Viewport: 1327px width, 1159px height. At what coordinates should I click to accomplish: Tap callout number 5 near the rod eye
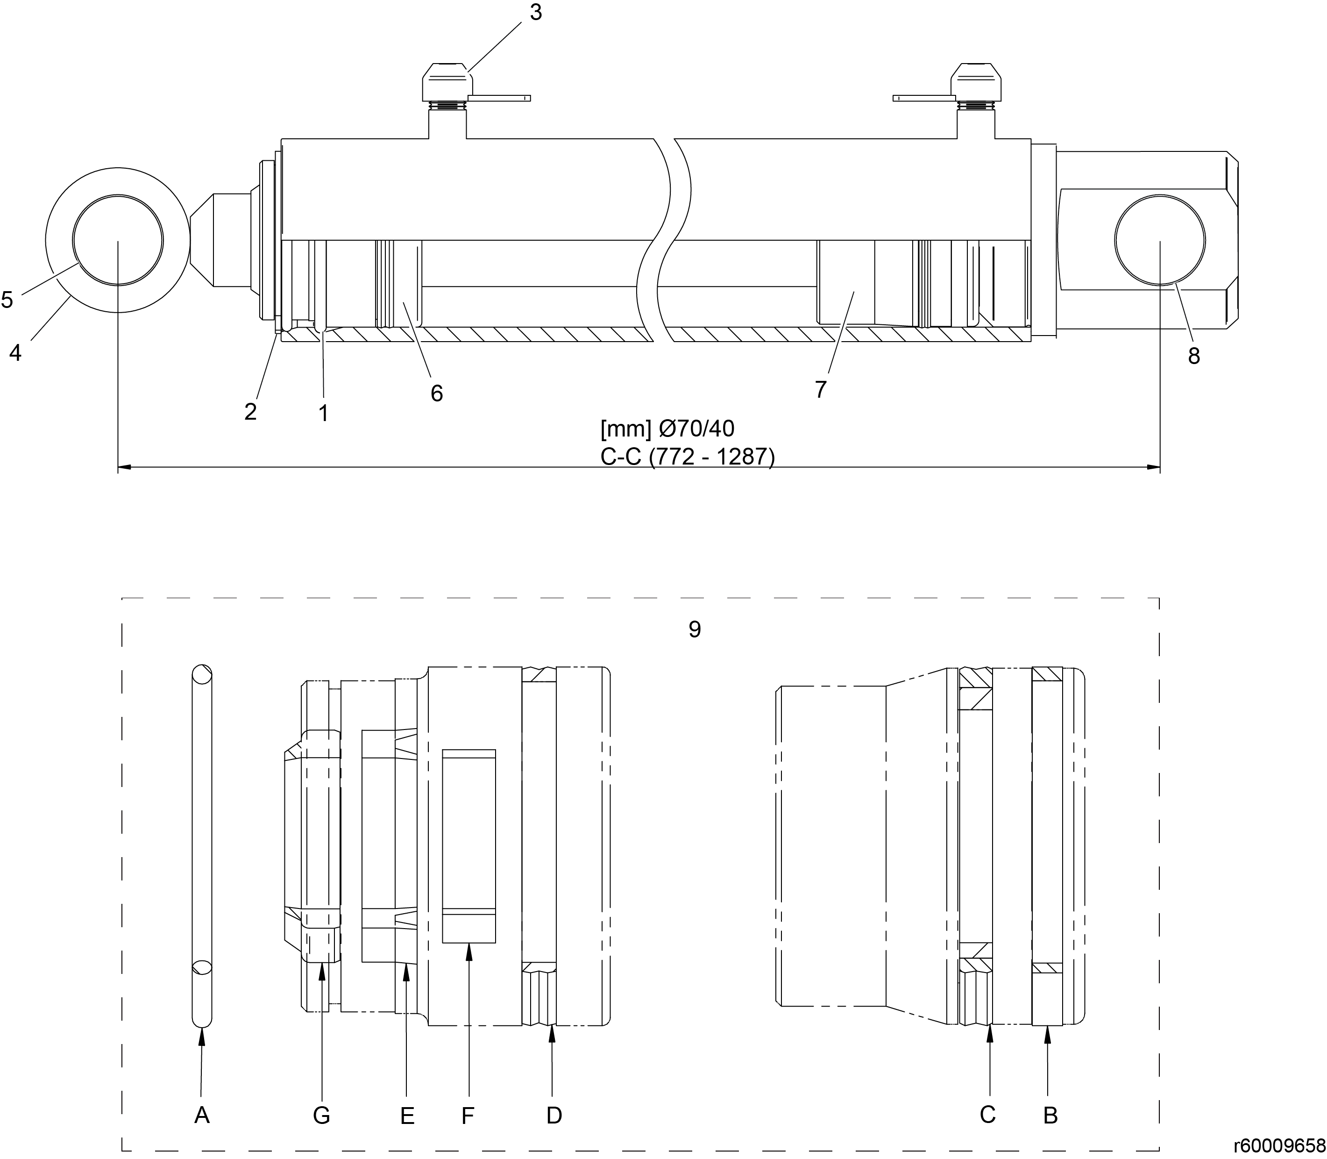click(7, 300)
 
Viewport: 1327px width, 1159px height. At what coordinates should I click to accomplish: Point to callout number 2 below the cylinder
click(251, 411)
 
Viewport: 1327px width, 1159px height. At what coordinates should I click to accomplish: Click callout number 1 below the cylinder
click(324, 413)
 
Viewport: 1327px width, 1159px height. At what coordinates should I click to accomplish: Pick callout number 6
click(437, 393)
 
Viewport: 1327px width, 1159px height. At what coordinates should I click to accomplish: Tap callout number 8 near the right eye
click(1194, 356)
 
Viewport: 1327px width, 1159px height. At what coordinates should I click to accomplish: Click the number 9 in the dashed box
click(695, 630)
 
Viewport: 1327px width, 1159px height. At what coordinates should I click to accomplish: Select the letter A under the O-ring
click(202, 1115)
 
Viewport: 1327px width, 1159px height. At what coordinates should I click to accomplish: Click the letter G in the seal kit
click(321, 1115)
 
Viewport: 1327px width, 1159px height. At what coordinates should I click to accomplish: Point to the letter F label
click(468, 1115)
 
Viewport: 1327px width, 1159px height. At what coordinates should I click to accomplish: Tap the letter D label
click(554, 1115)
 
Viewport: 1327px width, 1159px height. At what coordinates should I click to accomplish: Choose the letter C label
click(987, 1114)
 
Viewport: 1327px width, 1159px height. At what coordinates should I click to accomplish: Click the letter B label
click(1050, 1115)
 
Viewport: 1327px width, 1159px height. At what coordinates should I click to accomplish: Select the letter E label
click(407, 1115)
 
